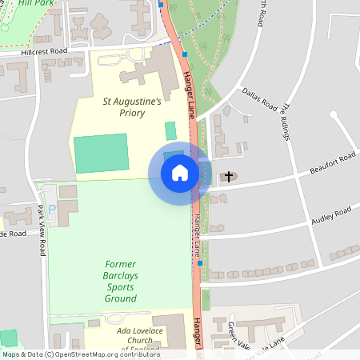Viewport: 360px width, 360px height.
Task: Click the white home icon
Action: (x=179, y=172)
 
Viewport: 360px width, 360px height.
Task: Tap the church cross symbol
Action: (x=229, y=176)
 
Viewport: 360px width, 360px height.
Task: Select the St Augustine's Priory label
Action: (x=132, y=108)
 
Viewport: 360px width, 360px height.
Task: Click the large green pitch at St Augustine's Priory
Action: (x=100, y=154)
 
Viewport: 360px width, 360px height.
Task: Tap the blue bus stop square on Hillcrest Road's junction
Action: (x=185, y=54)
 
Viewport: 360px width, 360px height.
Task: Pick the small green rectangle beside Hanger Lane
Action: (x=170, y=130)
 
